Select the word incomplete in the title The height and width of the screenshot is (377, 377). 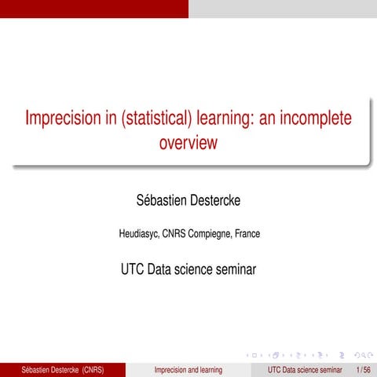click(312, 119)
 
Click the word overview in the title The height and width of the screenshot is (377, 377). click(188, 144)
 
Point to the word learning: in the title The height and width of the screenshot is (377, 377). click(229, 119)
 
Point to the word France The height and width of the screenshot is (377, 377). click(247, 233)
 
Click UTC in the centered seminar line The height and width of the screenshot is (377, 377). click(133, 269)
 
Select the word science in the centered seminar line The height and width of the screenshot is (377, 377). click(197, 269)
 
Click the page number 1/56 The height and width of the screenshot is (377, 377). click(363, 369)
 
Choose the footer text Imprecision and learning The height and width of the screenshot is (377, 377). click(188, 369)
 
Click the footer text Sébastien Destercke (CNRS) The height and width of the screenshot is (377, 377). click(63, 369)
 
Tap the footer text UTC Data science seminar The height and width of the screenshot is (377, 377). click(305, 369)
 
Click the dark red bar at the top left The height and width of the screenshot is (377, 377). click(94, 8)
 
